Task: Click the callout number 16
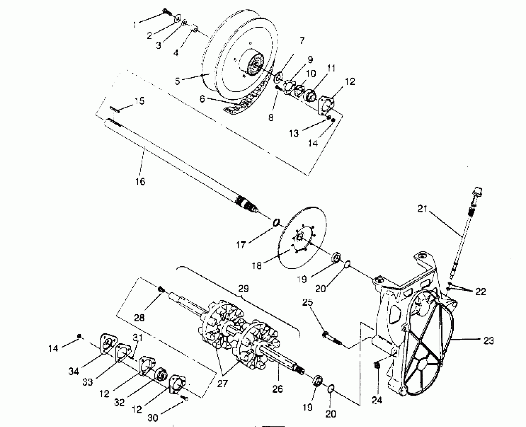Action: (x=140, y=181)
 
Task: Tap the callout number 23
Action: (x=488, y=341)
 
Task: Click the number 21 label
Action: (x=422, y=209)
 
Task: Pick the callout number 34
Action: (x=73, y=371)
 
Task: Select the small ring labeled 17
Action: (x=276, y=223)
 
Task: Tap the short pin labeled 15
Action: (x=115, y=110)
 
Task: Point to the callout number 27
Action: (x=222, y=384)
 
